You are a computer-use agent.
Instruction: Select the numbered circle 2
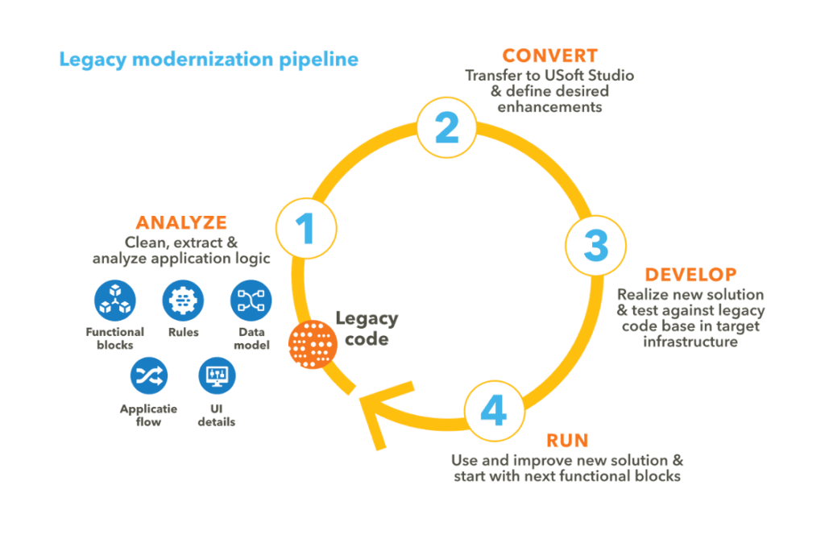pyautogui.click(x=447, y=128)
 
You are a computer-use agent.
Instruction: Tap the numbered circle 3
pyautogui.click(x=595, y=246)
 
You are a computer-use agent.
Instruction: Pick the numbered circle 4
pyautogui.click(x=494, y=411)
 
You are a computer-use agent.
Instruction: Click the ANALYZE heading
pyautogui.click(x=181, y=223)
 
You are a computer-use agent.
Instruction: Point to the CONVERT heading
pyautogui.click(x=549, y=56)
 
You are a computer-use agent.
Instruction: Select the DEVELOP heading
pyautogui.click(x=690, y=275)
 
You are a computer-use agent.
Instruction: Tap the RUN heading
pyautogui.click(x=567, y=441)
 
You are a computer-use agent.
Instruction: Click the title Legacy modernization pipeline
pyautogui.click(x=209, y=60)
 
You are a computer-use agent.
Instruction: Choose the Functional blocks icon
pyautogui.click(x=115, y=301)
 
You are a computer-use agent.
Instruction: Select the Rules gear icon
pyautogui.click(x=183, y=301)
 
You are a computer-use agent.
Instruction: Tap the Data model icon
pyautogui.click(x=251, y=301)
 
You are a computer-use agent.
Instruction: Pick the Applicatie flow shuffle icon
pyautogui.click(x=149, y=375)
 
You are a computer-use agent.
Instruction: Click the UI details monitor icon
pyautogui.click(x=217, y=375)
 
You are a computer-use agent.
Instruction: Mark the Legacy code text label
pyautogui.click(x=366, y=328)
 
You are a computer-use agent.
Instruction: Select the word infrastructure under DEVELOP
pyautogui.click(x=690, y=342)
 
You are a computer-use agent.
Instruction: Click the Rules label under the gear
pyautogui.click(x=183, y=332)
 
